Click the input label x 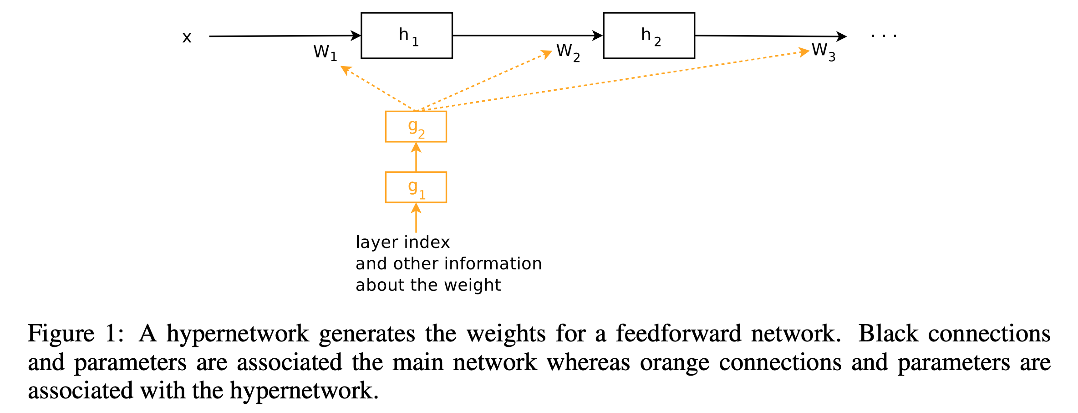click(x=187, y=37)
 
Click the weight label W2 click(x=568, y=52)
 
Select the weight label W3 click(x=824, y=52)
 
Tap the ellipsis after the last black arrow click(x=884, y=35)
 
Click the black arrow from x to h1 click(x=285, y=36)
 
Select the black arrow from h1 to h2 click(x=528, y=35)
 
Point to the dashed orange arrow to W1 click(x=378, y=88)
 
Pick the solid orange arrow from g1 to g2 click(x=416, y=157)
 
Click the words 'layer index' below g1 click(x=403, y=242)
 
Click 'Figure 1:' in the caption click(x=76, y=334)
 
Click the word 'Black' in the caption click(x=888, y=333)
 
